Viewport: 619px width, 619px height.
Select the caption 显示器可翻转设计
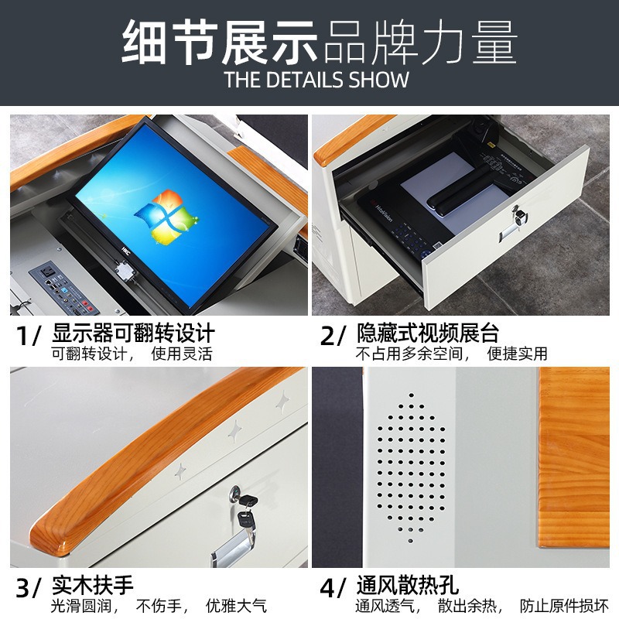coord(132,334)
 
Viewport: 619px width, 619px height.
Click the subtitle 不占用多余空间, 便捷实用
coord(451,354)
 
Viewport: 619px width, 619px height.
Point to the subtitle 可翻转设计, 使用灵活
coord(132,354)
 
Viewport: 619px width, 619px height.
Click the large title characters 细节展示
coord(221,43)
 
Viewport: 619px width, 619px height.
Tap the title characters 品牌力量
coord(419,43)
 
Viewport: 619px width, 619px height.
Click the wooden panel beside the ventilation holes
coord(573,457)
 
